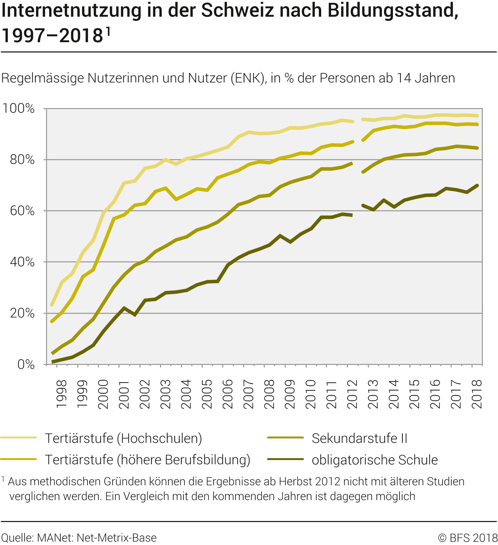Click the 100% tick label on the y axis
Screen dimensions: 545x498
click(19, 108)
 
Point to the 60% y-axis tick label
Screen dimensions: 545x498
click(22, 211)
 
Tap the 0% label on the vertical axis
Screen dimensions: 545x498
click(26, 364)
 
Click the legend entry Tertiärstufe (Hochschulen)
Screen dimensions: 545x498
click(123, 438)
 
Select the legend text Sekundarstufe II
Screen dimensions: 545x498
click(359, 438)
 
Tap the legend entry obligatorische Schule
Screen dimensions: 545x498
click(375, 460)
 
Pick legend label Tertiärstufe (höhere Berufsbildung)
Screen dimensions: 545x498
click(148, 460)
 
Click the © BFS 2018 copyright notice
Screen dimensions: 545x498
click(468, 537)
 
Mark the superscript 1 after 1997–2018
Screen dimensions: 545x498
click(108, 31)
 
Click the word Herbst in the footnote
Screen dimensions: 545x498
click(295, 482)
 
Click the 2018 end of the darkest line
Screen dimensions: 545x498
click(477, 186)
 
